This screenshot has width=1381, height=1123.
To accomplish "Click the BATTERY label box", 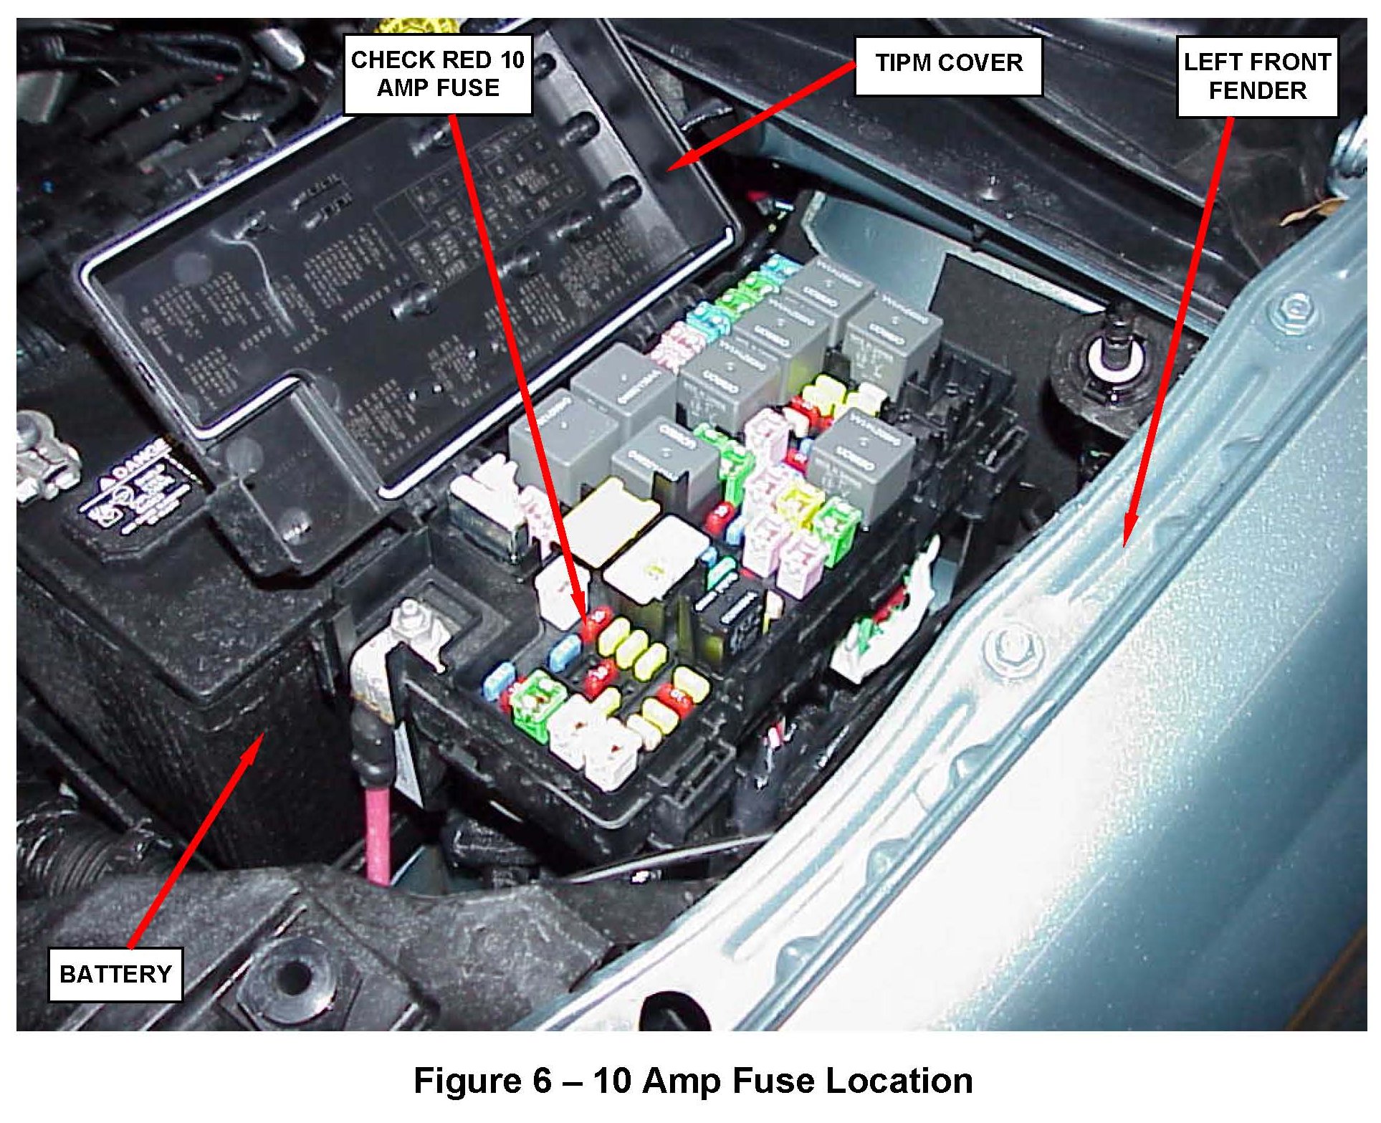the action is coord(115,974).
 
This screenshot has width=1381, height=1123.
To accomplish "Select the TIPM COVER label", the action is coord(948,63).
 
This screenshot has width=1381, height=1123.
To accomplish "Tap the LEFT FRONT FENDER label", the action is coord(1257,76).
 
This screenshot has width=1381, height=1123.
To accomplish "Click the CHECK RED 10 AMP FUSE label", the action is coord(438,74).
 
